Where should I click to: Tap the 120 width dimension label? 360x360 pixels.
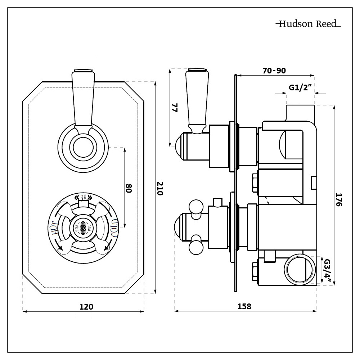(86, 307)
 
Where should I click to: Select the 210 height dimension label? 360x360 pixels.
(160, 188)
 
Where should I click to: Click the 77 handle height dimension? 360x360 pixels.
(175, 108)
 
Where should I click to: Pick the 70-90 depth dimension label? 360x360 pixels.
(274, 71)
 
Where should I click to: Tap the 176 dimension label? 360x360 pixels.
(338, 199)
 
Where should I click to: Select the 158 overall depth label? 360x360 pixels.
(244, 306)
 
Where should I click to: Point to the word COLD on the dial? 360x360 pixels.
(114, 228)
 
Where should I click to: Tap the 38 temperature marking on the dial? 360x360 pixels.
(83, 198)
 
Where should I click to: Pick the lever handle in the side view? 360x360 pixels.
(197, 101)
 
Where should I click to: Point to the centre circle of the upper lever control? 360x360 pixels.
(83, 148)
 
